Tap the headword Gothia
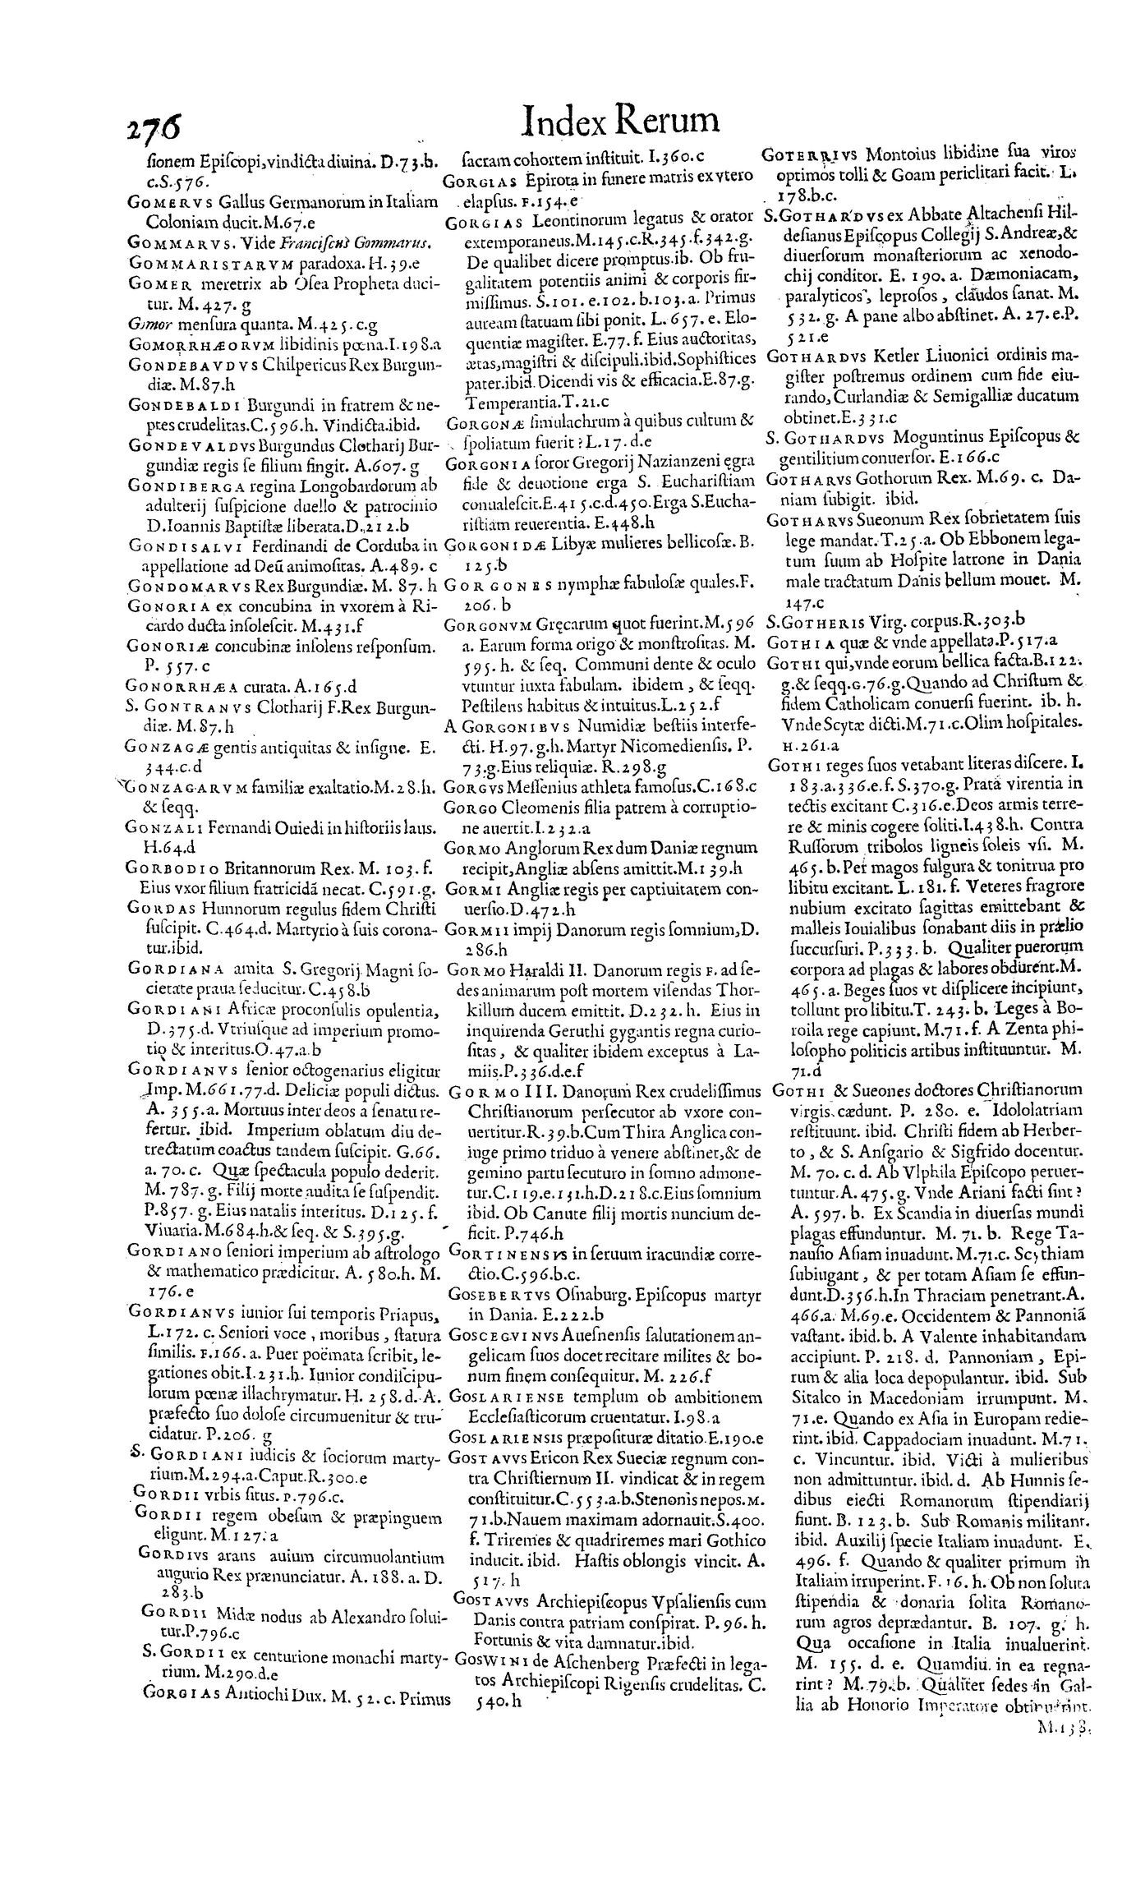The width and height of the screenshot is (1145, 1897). coord(790,641)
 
